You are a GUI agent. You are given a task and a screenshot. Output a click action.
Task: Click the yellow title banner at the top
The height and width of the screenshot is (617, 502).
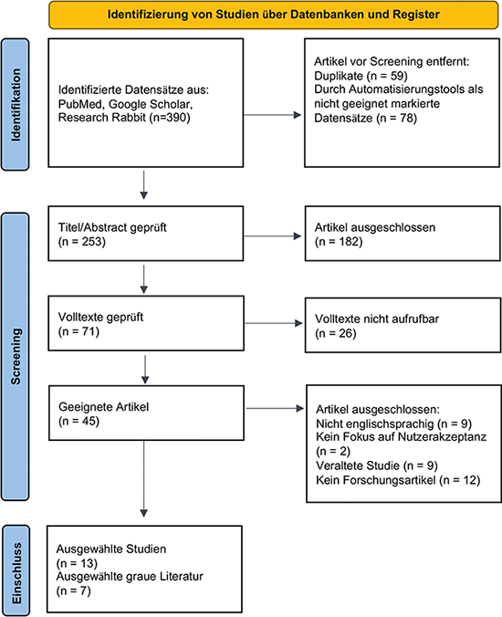274,15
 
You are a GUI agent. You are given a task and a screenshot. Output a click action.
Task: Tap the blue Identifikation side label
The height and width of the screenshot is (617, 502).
15,105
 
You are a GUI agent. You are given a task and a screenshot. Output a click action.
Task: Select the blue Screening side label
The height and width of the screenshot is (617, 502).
15,357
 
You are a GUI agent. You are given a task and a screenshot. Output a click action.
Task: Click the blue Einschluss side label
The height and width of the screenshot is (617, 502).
16,570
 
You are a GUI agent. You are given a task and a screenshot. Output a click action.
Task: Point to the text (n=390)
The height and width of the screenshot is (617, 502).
170,117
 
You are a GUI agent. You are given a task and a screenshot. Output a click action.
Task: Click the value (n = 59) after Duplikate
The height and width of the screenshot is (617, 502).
387,76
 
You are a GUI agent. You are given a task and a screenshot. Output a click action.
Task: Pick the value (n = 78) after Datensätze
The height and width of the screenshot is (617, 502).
396,118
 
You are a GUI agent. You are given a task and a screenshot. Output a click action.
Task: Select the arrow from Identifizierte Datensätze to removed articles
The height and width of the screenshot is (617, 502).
272,115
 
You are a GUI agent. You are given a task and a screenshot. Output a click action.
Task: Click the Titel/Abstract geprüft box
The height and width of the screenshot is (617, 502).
146,234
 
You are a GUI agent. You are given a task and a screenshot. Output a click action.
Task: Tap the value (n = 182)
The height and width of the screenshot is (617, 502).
339,242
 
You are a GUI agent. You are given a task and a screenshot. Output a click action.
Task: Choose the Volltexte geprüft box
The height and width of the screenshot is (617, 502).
146,323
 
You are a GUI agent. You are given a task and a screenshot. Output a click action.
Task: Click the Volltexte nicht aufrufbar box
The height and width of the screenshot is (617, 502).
403,325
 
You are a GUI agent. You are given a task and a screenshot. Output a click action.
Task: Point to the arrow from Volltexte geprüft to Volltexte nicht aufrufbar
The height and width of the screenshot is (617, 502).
274,323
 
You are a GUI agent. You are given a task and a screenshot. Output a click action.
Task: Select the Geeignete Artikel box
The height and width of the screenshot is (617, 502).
146,413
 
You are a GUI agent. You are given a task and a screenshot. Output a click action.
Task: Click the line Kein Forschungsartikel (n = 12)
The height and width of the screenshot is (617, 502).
398,480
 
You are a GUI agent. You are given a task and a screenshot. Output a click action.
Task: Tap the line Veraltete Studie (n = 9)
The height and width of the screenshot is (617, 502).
376,465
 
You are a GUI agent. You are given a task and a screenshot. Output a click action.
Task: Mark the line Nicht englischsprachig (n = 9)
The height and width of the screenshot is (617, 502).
393,424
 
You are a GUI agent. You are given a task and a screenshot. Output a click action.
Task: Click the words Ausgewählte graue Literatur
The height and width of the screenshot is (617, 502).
130,577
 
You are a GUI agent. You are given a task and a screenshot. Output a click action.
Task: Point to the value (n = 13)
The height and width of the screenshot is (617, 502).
77,563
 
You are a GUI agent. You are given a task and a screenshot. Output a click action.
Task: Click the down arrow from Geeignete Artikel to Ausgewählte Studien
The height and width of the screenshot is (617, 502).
144,478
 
